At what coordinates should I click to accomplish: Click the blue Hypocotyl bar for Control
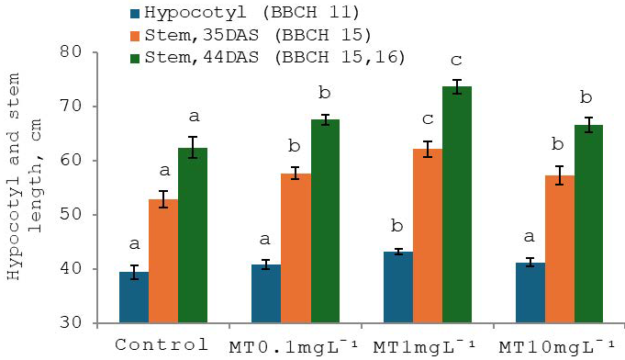click(x=134, y=298)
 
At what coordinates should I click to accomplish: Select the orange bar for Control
click(x=163, y=261)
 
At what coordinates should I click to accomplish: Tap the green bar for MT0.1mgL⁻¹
click(x=325, y=221)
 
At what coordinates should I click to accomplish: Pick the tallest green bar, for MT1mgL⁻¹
click(x=457, y=205)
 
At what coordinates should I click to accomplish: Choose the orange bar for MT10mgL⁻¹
click(x=560, y=249)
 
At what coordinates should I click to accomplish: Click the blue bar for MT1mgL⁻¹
click(x=398, y=287)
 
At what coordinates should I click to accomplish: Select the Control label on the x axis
click(x=162, y=344)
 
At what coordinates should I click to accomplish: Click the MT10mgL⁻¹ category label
click(x=556, y=346)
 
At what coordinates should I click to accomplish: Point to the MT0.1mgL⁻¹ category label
click(x=294, y=346)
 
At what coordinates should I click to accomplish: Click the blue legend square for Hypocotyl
click(x=135, y=14)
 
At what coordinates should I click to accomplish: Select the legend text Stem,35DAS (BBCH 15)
click(x=258, y=35)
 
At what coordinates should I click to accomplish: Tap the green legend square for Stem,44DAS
click(x=135, y=58)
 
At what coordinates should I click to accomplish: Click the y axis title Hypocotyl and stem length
click(x=25, y=176)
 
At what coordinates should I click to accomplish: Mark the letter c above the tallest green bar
click(x=456, y=61)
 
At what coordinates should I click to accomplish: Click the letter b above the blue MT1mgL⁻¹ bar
click(x=397, y=226)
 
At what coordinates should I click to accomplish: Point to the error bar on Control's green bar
click(x=193, y=148)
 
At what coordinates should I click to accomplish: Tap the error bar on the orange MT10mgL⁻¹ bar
click(x=560, y=175)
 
